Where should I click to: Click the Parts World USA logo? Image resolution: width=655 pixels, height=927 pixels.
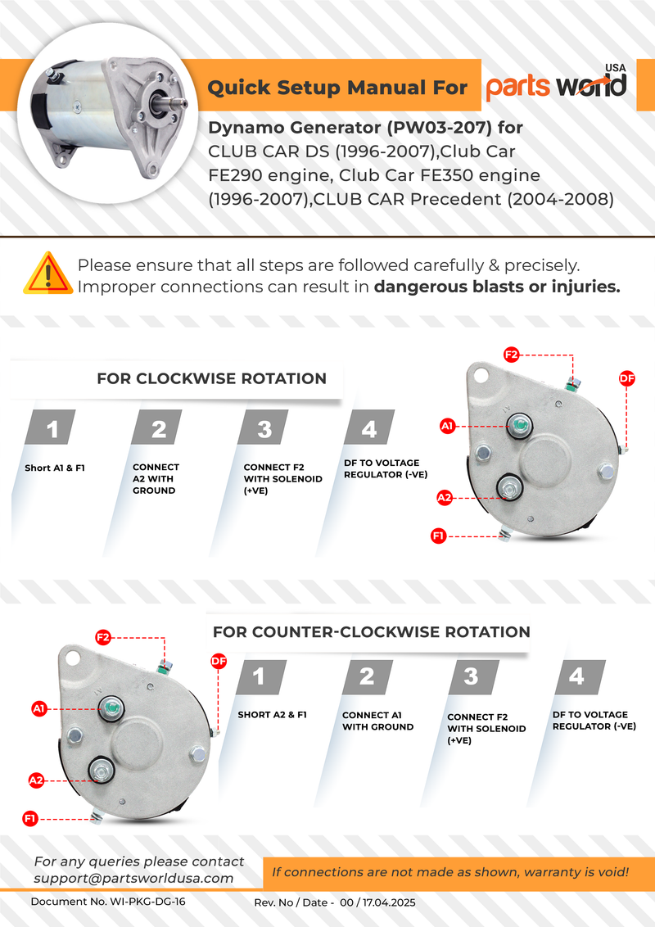coord(557,85)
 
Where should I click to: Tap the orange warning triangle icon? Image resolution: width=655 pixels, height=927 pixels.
coord(47,274)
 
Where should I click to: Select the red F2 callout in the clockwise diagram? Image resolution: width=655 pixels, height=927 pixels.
coord(511,355)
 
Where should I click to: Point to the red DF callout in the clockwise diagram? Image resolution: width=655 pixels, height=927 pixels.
coord(626,378)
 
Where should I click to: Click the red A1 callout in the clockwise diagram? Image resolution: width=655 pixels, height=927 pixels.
coord(448,426)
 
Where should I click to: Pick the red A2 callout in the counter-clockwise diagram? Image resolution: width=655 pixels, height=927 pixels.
coord(36,780)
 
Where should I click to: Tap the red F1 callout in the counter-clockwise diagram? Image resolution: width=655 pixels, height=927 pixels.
coord(30,818)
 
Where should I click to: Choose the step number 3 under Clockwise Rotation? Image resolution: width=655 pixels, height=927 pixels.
coord(264,429)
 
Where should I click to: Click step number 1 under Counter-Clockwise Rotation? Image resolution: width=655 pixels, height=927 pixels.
coord(260,676)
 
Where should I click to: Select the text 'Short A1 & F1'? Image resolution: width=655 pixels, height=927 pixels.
coord(55,468)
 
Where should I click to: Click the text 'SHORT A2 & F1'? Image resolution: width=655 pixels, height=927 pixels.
coord(272,715)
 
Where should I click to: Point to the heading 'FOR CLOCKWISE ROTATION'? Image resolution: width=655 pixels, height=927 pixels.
coord(211,378)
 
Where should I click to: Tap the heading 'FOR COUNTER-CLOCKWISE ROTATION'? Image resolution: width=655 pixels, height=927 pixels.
coord(371,632)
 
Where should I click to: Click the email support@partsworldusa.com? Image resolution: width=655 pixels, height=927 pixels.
coord(133,878)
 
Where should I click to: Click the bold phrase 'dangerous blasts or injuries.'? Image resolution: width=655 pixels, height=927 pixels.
coord(497,287)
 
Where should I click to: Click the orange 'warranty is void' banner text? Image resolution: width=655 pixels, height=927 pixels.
coord(450,872)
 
